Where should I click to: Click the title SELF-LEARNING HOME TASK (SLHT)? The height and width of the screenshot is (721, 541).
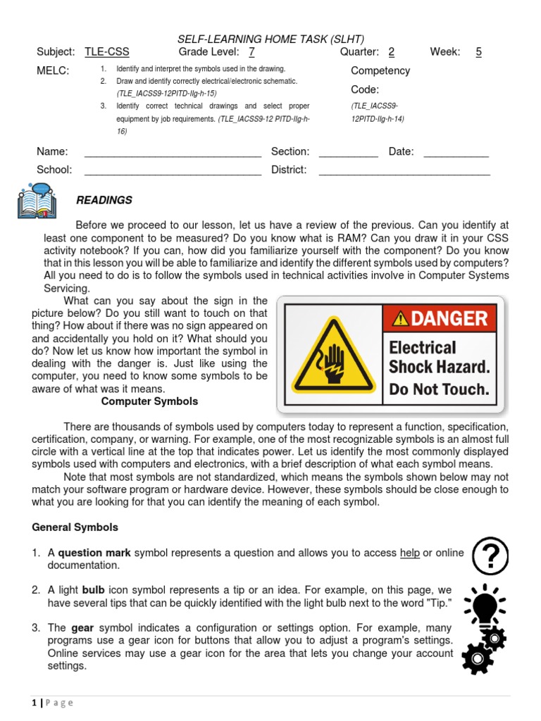(x=270, y=39)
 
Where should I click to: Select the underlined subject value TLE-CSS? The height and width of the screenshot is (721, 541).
(x=107, y=52)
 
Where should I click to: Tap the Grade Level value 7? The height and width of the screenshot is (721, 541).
(x=251, y=52)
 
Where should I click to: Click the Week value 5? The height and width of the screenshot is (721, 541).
(x=478, y=52)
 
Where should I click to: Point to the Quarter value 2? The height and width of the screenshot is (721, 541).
(x=391, y=52)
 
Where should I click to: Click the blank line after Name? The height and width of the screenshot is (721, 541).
(x=173, y=152)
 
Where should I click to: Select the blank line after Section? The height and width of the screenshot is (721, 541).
(x=348, y=152)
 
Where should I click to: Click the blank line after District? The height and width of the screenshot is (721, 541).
(x=404, y=170)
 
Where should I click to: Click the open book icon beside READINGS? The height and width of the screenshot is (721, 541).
(x=37, y=201)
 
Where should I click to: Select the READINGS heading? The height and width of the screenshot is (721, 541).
(x=104, y=201)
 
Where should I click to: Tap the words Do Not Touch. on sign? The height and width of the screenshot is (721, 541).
(x=438, y=389)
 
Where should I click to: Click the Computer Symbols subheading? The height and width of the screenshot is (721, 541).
(x=149, y=401)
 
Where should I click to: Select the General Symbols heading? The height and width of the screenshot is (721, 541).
(x=75, y=527)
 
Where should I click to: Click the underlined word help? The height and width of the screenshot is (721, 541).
(x=409, y=553)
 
